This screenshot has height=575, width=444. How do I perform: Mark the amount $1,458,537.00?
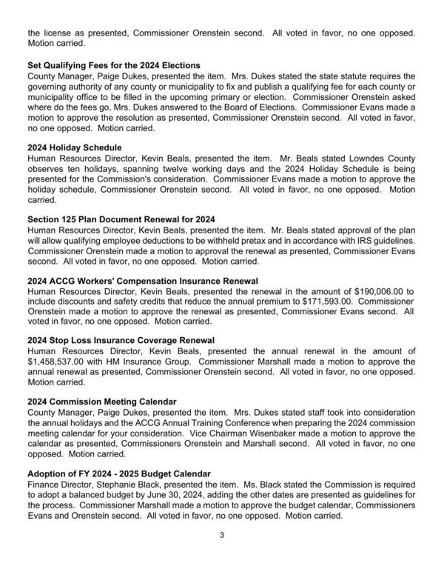point(56,362)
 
